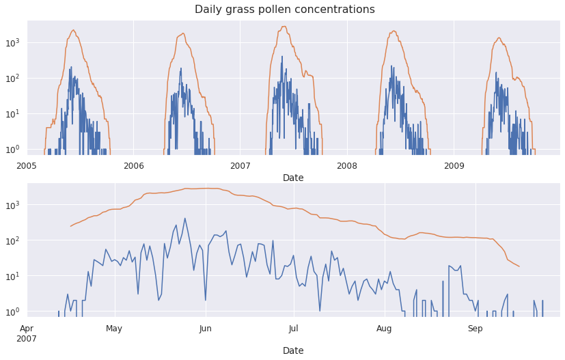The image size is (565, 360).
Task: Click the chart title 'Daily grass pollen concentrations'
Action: pos(284,10)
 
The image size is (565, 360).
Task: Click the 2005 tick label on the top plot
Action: pos(27,166)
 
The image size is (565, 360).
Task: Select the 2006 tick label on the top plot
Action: pos(133,166)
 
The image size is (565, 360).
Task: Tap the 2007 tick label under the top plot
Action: pos(240,166)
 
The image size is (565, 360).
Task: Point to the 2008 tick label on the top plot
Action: pos(347,166)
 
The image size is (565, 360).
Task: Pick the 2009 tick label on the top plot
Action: pos(454,166)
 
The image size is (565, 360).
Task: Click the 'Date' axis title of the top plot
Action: pos(293,178)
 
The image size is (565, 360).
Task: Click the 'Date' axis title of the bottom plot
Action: pos(293,350)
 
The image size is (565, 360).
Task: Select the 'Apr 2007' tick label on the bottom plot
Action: pos(27,333)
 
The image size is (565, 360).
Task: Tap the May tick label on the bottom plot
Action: pos(114,329)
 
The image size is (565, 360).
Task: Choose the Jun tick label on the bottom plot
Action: pos(205,329)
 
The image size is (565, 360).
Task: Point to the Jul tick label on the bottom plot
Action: pos(293,329)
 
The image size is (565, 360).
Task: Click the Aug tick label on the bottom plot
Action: pos(384,329)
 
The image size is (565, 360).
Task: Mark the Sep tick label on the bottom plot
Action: pos(475,329)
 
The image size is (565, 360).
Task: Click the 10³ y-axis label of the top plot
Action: pos(14,42)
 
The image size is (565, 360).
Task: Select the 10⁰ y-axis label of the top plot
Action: pos(14,149)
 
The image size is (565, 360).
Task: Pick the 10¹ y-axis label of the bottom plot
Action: pos(14,276)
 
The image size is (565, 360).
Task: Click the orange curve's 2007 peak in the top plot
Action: pos(284,27)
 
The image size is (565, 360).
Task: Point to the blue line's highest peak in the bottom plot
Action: pos(184,219)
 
